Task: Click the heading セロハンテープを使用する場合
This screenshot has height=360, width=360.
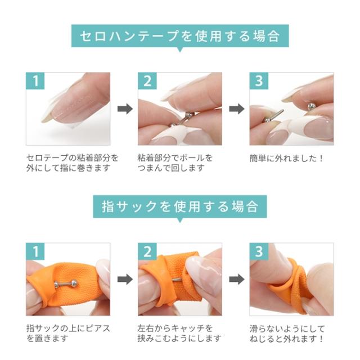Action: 180,37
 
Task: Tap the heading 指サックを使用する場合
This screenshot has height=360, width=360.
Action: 180,206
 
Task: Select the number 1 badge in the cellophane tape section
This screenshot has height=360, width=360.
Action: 35,81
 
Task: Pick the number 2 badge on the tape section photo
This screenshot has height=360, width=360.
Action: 147,81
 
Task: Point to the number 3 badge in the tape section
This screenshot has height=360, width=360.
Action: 259,81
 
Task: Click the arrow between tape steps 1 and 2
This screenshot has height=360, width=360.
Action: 124,109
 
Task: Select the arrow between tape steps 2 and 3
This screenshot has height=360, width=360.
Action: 236,109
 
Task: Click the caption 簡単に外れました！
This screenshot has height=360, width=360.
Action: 287,158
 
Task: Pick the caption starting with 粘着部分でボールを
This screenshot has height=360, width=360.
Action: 175,163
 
